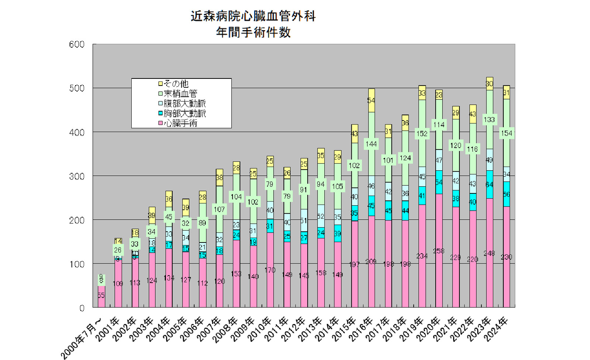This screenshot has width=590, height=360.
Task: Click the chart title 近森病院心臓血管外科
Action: pos(253,16)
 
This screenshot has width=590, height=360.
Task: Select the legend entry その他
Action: pos(176,84)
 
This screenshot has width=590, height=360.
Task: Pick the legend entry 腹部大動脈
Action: pos(184,104)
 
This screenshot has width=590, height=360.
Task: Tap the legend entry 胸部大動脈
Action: pos(184,113)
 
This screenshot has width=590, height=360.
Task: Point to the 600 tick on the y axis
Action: pos(77,45)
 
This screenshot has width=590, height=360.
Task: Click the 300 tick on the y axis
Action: pos(77,176)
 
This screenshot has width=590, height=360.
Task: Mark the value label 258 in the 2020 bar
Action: pos(438,251)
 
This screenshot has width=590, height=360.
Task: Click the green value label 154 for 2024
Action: pos(506,133)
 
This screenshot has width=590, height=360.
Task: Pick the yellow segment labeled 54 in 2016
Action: pos(371,101)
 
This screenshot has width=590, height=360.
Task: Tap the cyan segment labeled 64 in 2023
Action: pos(489,184)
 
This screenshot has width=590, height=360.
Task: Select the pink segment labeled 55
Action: pos(101,296)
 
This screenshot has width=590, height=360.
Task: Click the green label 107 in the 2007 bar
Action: pos(219,210)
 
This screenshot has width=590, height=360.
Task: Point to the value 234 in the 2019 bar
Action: pos(422,256)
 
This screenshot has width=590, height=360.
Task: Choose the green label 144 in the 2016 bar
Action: pos(371,144)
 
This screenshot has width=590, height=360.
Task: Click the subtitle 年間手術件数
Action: pos(253,33)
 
